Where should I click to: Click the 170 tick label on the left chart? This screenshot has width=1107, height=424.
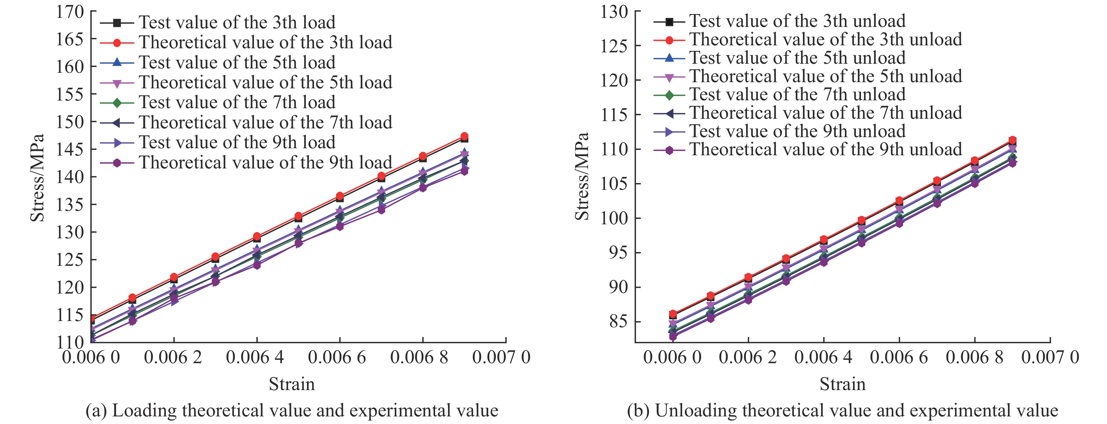click(x=70, y=12)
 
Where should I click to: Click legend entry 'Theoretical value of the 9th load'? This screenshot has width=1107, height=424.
click(x=265, y=163)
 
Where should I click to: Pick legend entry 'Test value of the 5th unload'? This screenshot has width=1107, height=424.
click(x=797, y=58)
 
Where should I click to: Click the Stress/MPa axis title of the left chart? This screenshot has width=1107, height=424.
click(x=37, y=178)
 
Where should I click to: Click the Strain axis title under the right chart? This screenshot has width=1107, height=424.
click(x=842, y=384)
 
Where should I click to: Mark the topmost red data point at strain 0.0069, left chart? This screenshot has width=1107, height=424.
click(x=464, y=136)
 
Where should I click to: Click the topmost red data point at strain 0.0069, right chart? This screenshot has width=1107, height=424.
click(x=1012, y=140)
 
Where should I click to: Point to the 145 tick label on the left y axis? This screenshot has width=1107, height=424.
click(x=70, y=149)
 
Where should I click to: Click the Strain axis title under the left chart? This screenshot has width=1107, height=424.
click(x=292, y=384)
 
